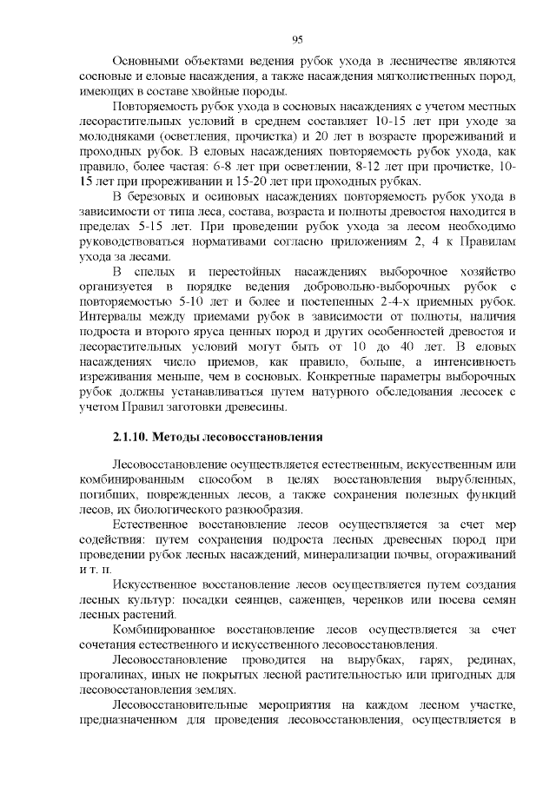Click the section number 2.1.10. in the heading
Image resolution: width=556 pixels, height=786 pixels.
136,435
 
